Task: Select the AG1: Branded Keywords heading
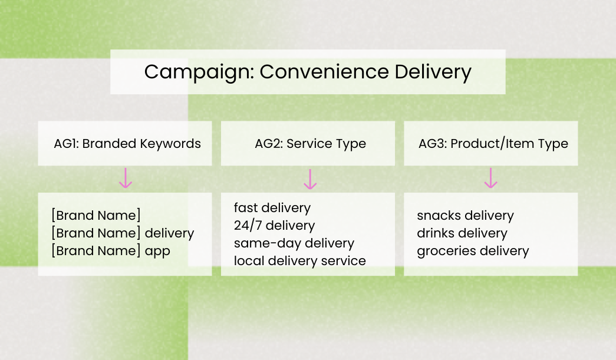coord(127,144)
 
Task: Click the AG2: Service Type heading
coord(310,144)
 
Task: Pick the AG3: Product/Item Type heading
coord(493,144)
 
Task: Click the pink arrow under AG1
coord(125,178)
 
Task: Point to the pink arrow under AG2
coord(310,179)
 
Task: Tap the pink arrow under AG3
coord(490,178)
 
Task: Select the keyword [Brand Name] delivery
coord(123,233)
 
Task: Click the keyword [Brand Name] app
coord(111,251)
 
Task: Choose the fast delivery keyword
coord(272,208)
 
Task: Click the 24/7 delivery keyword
coord(274,226)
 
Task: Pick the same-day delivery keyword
coord(294,243)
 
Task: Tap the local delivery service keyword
coord(299,260)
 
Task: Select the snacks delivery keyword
coord(465,216)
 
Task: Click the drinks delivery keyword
coord(462,233)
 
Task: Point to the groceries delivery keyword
coord(473,251)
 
